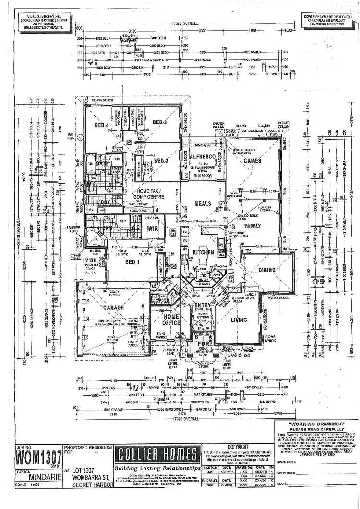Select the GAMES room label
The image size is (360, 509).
[x=252, y=161]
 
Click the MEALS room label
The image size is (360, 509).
[x=203, y=204]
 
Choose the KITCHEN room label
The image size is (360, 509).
[x=203, y=252]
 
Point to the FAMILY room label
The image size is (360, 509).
[x=253, y=225]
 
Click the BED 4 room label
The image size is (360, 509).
[x=102, y=126]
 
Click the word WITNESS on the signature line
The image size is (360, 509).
[x=287, y=473]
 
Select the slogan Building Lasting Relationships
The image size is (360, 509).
[x=157, y=468]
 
